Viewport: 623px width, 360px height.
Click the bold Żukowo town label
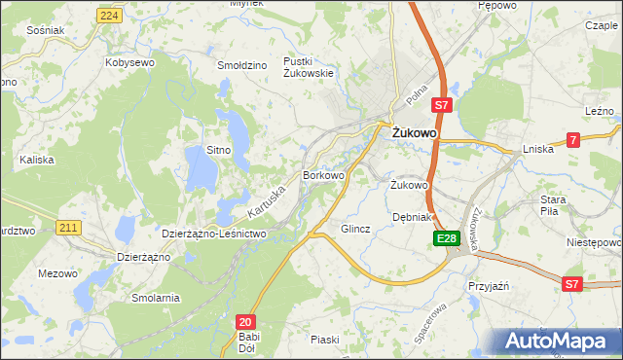tap(413, 133)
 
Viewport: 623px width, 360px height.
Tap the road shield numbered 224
tap(110, 16)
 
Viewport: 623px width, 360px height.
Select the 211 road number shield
tap(67, 228)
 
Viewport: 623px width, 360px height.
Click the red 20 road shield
tap(245, 321)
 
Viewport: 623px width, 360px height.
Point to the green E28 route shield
tap(446, 237)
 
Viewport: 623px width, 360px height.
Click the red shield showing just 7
tap(573, 140)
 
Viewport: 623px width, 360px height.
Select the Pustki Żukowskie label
tap(308, 67)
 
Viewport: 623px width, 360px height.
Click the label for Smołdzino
tap(242, 65)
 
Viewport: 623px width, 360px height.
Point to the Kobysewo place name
tap(130, 62)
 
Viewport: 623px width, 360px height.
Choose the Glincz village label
tap(355, 230)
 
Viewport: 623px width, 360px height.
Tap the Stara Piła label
tap(553, 205)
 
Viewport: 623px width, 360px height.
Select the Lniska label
tap(537, 149)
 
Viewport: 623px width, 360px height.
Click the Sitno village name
tap(218, 150)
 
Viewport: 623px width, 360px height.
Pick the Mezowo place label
tap(57, 273)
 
